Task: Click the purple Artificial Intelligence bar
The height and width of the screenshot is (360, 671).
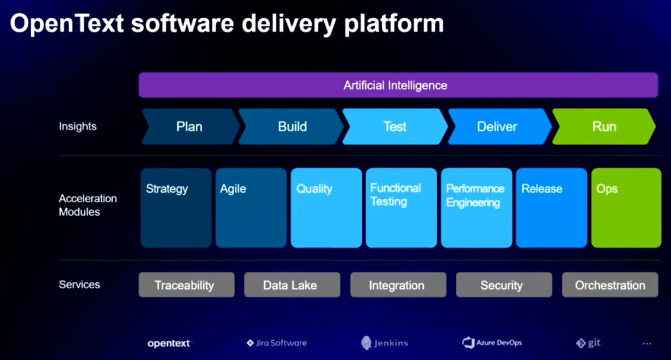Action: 398,85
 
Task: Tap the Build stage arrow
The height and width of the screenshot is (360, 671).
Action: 292,126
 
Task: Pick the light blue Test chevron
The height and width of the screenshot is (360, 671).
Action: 395,126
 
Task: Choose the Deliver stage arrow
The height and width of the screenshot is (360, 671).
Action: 497,126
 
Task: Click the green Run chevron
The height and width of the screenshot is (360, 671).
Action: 604,126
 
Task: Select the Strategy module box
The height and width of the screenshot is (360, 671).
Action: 176,208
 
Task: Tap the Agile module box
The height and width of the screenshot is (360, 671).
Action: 251,208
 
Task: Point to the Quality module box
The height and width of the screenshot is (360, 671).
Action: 326,208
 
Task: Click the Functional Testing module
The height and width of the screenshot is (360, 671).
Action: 401,208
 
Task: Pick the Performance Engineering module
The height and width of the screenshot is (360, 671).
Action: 477,208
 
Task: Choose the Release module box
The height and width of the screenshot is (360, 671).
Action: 551,208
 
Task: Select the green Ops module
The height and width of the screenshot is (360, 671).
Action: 626,208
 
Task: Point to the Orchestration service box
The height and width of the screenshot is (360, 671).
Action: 609,285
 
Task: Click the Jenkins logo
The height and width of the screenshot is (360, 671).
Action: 385,343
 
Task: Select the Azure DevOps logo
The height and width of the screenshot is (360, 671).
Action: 492,343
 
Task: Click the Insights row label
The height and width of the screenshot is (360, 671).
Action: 78,126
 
